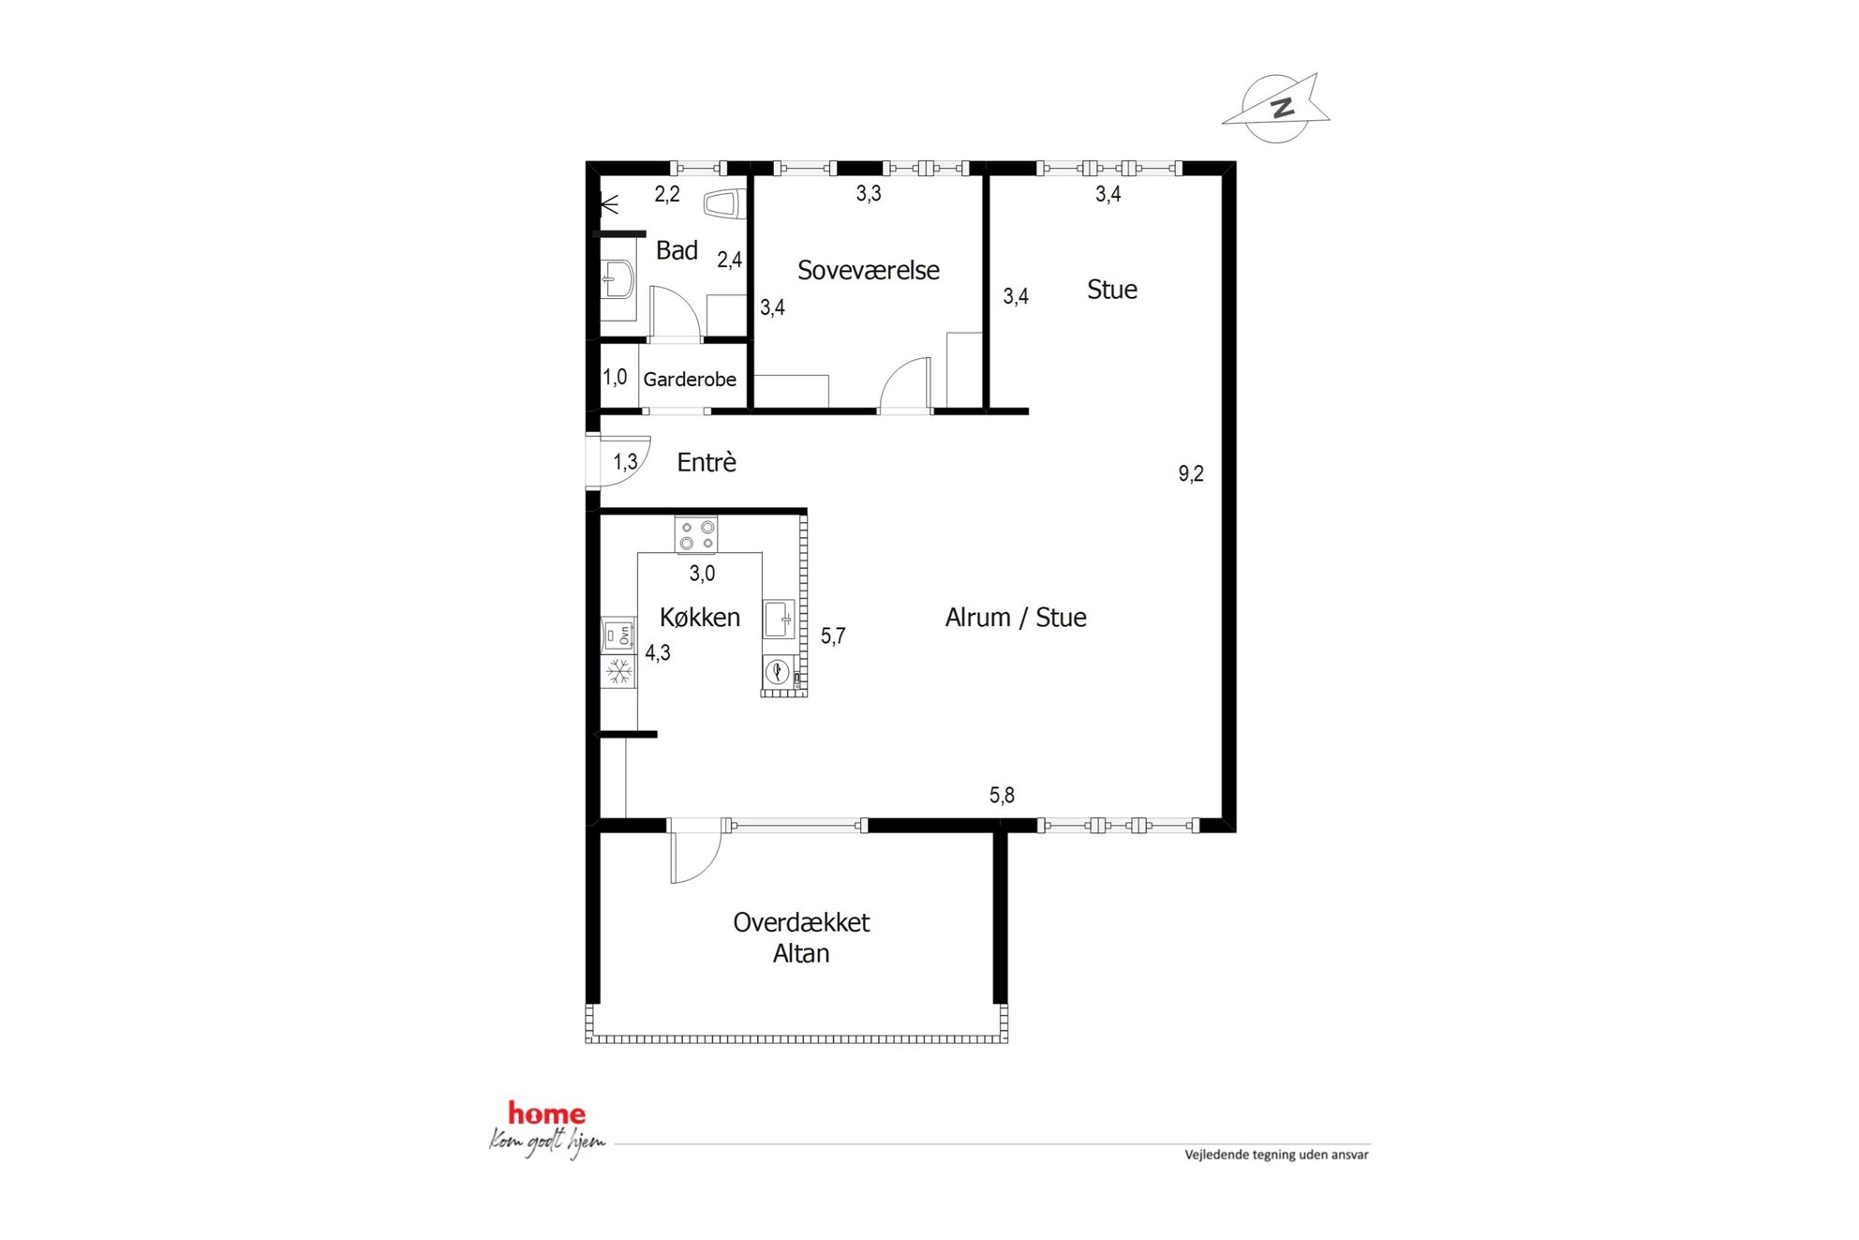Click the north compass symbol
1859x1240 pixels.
tap(1276, 108)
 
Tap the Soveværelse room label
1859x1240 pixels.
tap(868, 271)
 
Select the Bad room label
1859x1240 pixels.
tap(677, 250)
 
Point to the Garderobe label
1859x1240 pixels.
tap(690, 380)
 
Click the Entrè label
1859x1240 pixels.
tap(706, 462)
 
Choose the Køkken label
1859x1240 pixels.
tap(700, 617)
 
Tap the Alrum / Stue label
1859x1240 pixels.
tap(1016, 618)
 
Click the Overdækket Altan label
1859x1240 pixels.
tap(801, 937)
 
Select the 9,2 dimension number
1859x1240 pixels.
tap(1191, 473)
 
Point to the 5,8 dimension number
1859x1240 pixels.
tap(1002, 795)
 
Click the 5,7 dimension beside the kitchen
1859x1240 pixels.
tap(833, 635)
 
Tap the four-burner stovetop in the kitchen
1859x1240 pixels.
tap(696, 534)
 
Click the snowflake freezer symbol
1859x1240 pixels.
tap(618, 671)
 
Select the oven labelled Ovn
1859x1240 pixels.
tap(618, 635)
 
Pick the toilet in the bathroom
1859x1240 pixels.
tap(724, 203)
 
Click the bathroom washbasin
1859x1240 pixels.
tap(618, 279)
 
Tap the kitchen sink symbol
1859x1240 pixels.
tap(779, 620)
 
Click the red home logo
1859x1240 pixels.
tap(547, 1113)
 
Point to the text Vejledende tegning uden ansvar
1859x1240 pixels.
tap(1276, 1155)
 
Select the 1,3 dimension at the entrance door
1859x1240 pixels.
tap(625, 461)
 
